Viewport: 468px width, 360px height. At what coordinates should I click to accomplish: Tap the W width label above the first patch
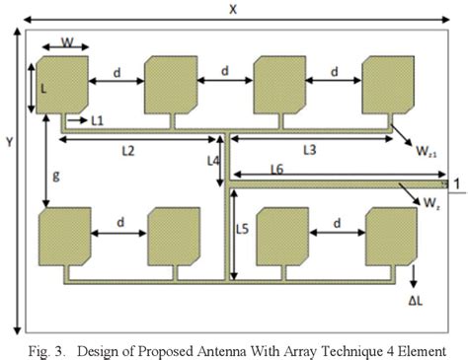click(x=66, y=42)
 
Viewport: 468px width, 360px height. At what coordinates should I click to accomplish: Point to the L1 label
click(x=98, y=120)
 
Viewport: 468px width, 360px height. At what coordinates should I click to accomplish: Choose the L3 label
click(x=308, y=150)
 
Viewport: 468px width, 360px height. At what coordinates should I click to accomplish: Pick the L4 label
click(x=213, y=159)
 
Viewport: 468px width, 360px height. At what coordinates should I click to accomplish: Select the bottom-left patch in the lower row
click(x=63, y=237)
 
